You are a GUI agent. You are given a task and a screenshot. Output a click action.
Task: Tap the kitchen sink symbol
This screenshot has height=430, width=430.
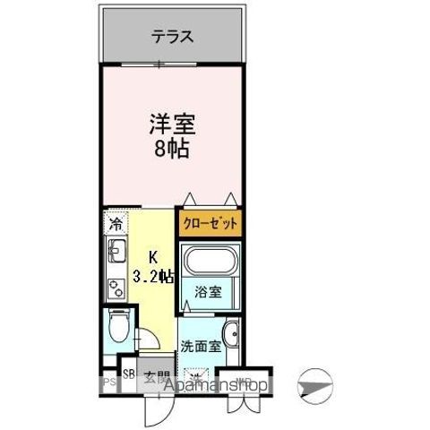[115, 258]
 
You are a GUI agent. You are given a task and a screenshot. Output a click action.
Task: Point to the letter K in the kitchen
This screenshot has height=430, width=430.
[154, 255]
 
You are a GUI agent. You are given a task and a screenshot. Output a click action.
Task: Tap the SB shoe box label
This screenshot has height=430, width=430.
[129, 375]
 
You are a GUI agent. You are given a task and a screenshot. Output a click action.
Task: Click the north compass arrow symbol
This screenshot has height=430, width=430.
[318, 384]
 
